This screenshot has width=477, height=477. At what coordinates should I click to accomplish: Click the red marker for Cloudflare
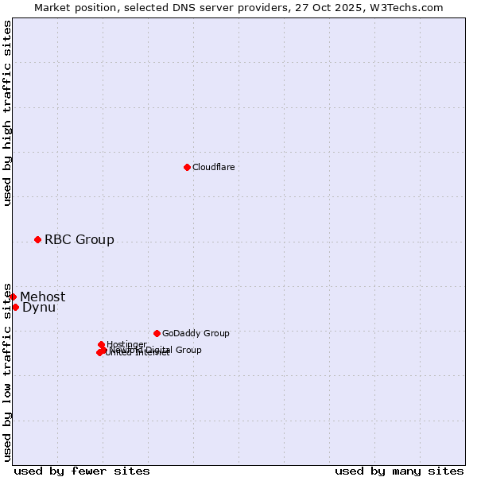click(187, 167)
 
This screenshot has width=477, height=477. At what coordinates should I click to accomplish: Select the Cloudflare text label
click(213, 167)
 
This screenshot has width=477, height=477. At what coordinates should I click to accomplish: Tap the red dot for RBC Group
click(37, 239)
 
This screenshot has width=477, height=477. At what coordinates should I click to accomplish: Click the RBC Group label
click(79, 239)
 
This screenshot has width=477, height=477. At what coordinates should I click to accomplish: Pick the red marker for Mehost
click(13, 297)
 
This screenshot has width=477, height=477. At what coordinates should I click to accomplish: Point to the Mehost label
click(42, 297)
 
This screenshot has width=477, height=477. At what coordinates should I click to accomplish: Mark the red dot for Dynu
click(15, 307)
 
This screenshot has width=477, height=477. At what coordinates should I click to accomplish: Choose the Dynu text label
click(39, 307)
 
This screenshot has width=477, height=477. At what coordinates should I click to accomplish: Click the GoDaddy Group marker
click(157, 333)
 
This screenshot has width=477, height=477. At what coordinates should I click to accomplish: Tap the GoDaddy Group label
click(196, 333)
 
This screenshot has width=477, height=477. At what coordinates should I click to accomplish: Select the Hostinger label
click(126, 344)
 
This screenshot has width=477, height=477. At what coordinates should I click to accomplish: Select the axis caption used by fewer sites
click(82, 471)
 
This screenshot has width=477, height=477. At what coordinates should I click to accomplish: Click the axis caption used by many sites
click(399, 471)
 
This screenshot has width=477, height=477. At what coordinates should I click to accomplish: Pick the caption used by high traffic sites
click(7, 114)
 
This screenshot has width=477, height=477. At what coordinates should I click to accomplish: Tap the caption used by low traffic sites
click(7, 371)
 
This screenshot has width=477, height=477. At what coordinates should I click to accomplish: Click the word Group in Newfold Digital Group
click(189, 350)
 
